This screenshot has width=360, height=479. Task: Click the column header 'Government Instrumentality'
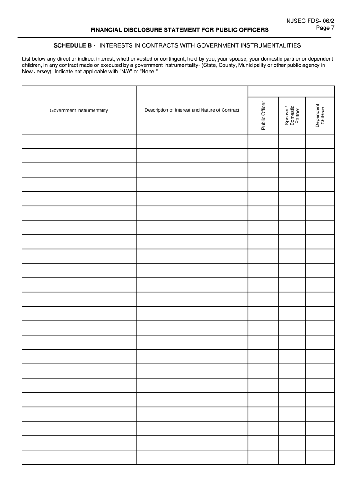coord(79,110)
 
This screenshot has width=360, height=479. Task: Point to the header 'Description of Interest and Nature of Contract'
coord(192,110)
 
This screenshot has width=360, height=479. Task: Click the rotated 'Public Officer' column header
coord(263,115)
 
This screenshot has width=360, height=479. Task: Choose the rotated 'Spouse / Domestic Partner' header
coord(292,115)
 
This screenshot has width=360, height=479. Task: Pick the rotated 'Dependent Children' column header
coord(320,115)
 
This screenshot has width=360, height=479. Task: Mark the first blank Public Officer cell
coord(263,141)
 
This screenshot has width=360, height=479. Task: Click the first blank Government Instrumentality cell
coord(79,141)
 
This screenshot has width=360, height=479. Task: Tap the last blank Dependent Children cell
coord(320,457)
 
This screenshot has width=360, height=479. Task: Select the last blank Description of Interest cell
coord(192,457)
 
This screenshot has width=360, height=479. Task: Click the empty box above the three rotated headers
coord(291,91)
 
